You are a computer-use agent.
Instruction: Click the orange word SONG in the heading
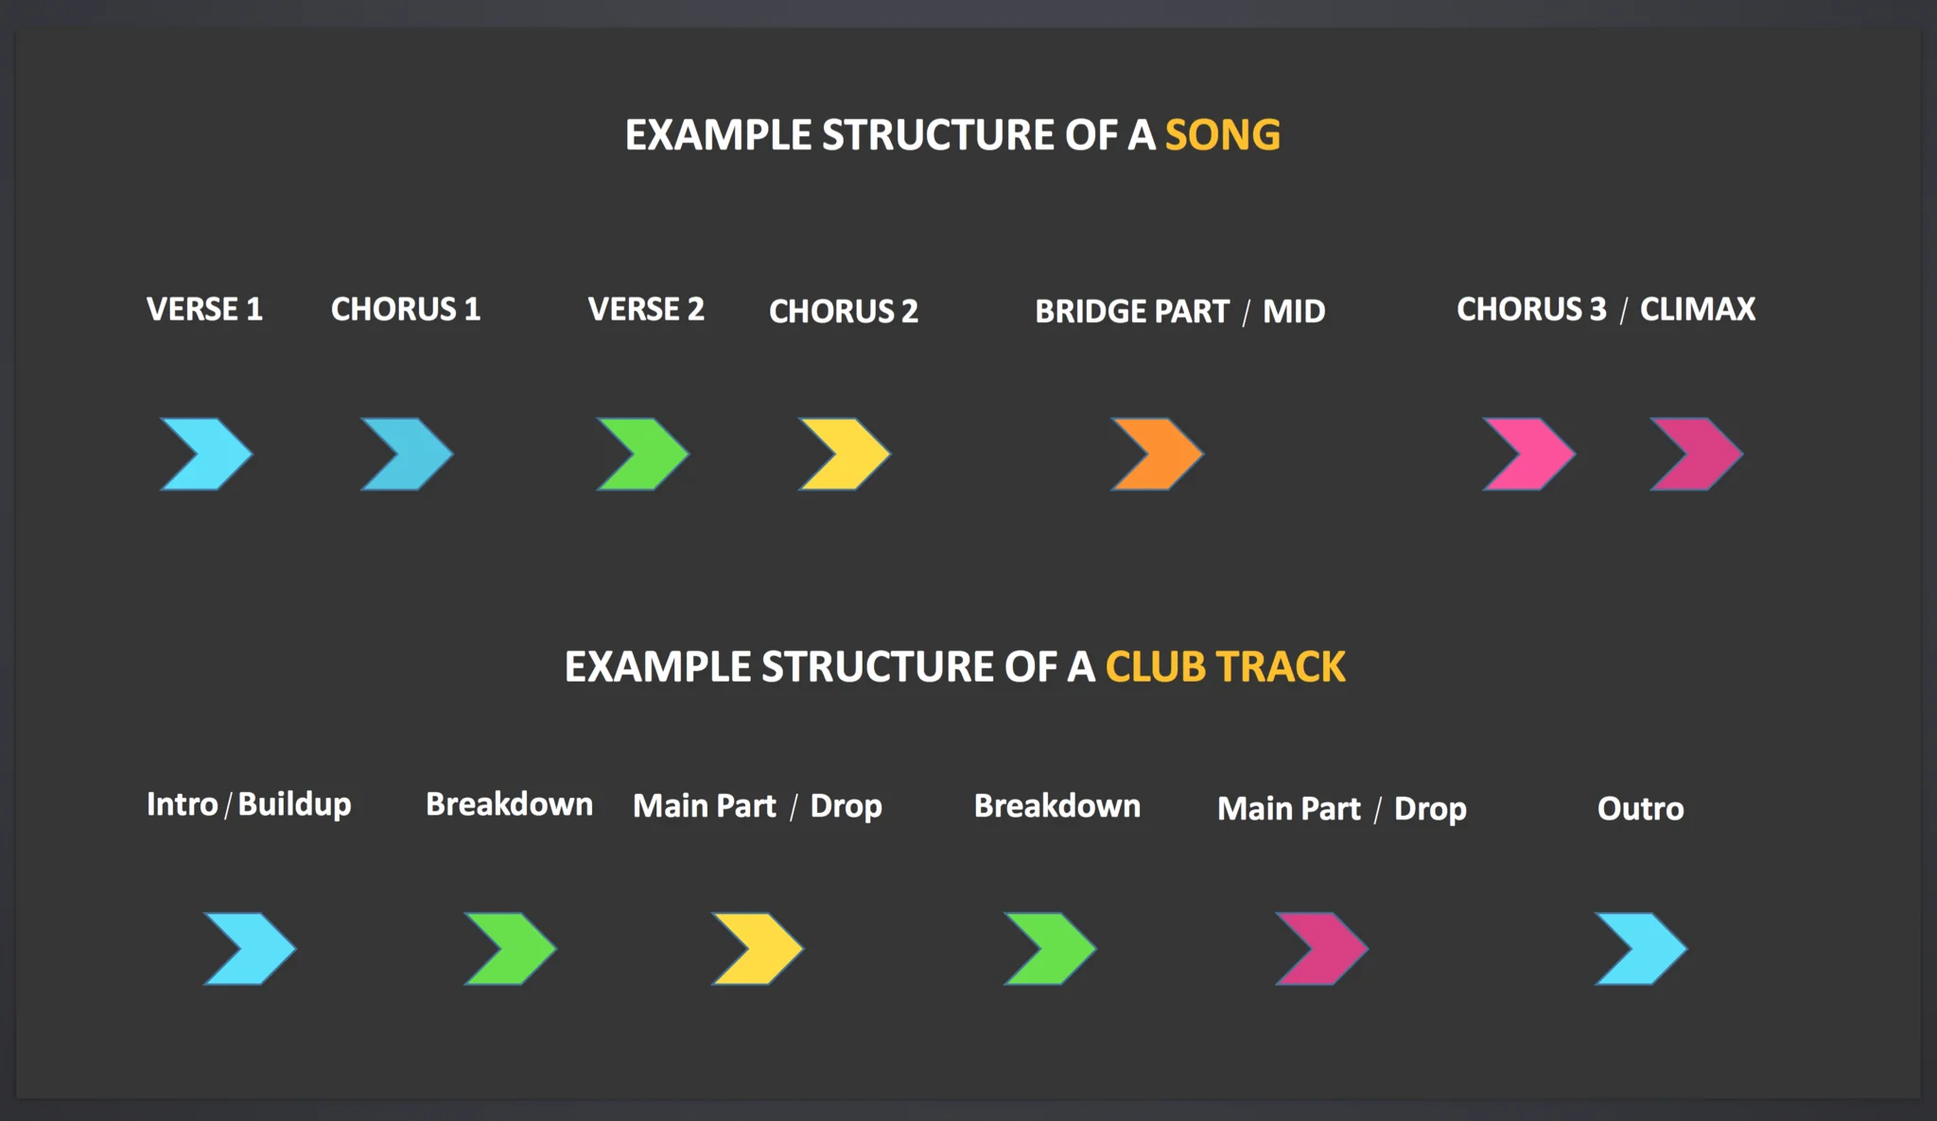1223,135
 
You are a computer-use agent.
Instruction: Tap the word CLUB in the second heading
1156,667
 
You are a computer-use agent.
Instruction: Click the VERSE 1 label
204,309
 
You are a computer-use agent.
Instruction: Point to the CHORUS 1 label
406,309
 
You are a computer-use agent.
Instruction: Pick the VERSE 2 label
646,309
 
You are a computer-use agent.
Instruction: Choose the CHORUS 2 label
844,311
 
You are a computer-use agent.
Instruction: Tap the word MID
1294,311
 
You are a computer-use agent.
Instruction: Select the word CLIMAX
1698,309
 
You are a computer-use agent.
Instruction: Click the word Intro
183,804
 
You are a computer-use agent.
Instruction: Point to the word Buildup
295,804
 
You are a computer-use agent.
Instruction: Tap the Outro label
1641,809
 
